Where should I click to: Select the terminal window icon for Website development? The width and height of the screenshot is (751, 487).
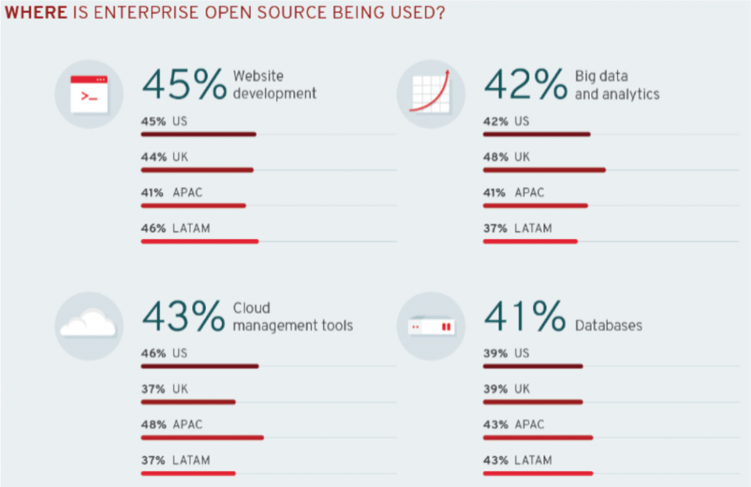pos(89,95)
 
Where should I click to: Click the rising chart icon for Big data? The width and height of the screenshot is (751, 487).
pos(430,94)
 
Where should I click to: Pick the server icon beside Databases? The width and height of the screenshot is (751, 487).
pos(431,326)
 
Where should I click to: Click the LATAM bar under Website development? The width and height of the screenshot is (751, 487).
pos(199,241)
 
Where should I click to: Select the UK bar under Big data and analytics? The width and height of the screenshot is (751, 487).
pos(544,169)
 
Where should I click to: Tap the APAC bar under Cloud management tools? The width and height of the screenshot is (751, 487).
pos(202,438)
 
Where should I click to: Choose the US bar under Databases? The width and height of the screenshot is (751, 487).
pos(533,366)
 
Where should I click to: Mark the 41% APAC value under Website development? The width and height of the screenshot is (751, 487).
pos(153,193)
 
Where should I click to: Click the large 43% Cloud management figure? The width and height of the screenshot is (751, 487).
pos(183,317)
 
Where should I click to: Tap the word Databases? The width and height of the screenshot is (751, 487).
pos(609,325)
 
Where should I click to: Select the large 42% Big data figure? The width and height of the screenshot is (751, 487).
pos(525,85)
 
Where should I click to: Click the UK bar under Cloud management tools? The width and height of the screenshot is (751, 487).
pos(188,402)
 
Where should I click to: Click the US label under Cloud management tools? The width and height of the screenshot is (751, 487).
pos(180,353)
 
